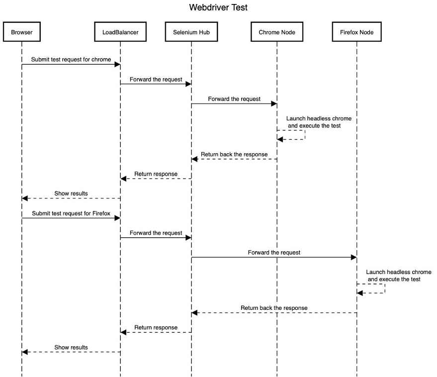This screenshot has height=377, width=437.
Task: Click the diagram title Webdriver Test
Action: (218, 7)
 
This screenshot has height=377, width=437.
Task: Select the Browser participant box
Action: (21, 32)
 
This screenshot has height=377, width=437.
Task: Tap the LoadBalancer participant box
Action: (120, 32)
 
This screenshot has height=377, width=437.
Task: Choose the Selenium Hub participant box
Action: (191, 32)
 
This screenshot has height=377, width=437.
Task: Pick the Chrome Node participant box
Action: (277, 32)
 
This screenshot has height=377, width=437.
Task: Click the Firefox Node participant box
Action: (356, 32)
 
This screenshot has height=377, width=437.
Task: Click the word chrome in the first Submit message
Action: (101, 59)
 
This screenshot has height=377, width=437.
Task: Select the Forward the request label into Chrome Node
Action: (234, 99)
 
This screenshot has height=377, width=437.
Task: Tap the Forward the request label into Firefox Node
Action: (274, 253)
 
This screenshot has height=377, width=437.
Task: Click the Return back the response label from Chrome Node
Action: (234, 154)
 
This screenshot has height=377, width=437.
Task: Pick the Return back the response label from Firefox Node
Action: (274, 308)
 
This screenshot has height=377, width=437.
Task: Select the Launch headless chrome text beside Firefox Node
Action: (398, 273)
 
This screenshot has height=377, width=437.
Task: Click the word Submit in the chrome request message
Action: (41, 59)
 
